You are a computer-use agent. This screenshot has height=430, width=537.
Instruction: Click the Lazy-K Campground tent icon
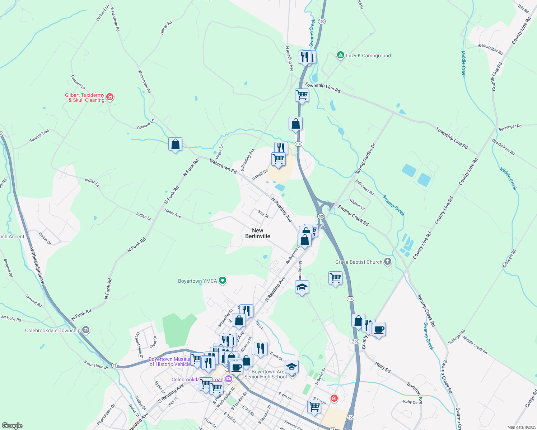[x=340, y=56]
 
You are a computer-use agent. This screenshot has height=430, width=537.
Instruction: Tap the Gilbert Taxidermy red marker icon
[x=110, y=97]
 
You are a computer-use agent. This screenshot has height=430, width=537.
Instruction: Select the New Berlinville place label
[x=258, y=233]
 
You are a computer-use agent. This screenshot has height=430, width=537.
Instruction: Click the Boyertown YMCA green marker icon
[x=223, y=281]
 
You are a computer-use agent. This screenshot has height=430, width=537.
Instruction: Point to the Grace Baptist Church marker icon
[x=387, y=262]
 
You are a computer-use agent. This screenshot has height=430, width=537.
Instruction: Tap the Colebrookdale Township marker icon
[x=85, y=330]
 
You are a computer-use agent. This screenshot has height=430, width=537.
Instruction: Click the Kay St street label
[x=263, y=214]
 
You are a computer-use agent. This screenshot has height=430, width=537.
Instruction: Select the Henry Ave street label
[x=173, y=214]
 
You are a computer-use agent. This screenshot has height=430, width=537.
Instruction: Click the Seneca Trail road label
[x=39, y=136]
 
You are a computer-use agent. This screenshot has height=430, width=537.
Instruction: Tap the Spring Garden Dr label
[x=365, y=159]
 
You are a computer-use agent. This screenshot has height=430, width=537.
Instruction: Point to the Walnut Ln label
[x=357, y=205]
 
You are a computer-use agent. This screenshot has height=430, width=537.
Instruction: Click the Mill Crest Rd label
[x=365, y=187]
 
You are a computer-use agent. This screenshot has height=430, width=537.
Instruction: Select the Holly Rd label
[x=383, y=367]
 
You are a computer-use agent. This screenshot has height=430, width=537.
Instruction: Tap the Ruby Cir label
[x=410, y=402]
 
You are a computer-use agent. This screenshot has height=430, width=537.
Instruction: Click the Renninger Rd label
[x=510, y=127]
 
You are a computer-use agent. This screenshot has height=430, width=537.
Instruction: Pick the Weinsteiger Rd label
[x=490, y=49]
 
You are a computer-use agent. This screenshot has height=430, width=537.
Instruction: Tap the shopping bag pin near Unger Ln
[x=175, y=144]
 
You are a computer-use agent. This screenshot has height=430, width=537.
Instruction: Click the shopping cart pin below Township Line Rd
[x=302, y=95]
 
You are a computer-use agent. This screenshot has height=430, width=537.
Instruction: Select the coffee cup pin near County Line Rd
[x=379, y=329]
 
